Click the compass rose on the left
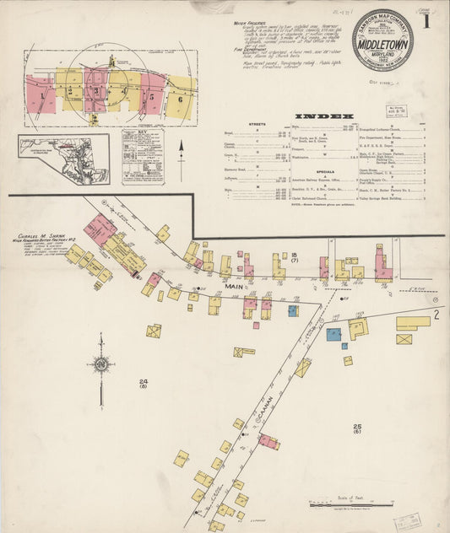pos(100,365)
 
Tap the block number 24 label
pos(144,384)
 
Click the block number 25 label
pos(357,428)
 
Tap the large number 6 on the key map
pos(179,99)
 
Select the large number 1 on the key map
pos(41,94)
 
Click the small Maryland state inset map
pos(63,156)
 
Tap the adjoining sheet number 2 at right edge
pos(436,314)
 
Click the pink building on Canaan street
pos(268,440)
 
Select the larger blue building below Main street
pos(333,334)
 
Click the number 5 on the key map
pos(152,94)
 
